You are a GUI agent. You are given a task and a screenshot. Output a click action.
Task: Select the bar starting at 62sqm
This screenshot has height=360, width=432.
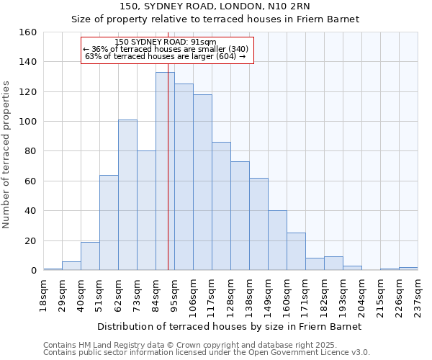127,195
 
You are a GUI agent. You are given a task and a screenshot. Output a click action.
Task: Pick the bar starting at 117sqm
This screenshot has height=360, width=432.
221,206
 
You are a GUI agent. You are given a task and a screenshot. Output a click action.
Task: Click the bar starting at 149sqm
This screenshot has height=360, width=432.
277,240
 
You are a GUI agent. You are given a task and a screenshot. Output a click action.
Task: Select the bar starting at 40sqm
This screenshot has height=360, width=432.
90,256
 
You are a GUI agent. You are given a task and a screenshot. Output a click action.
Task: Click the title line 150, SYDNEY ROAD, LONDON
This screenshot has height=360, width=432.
215,6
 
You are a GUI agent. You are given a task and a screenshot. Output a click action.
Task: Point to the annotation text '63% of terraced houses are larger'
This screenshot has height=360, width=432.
166,56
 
